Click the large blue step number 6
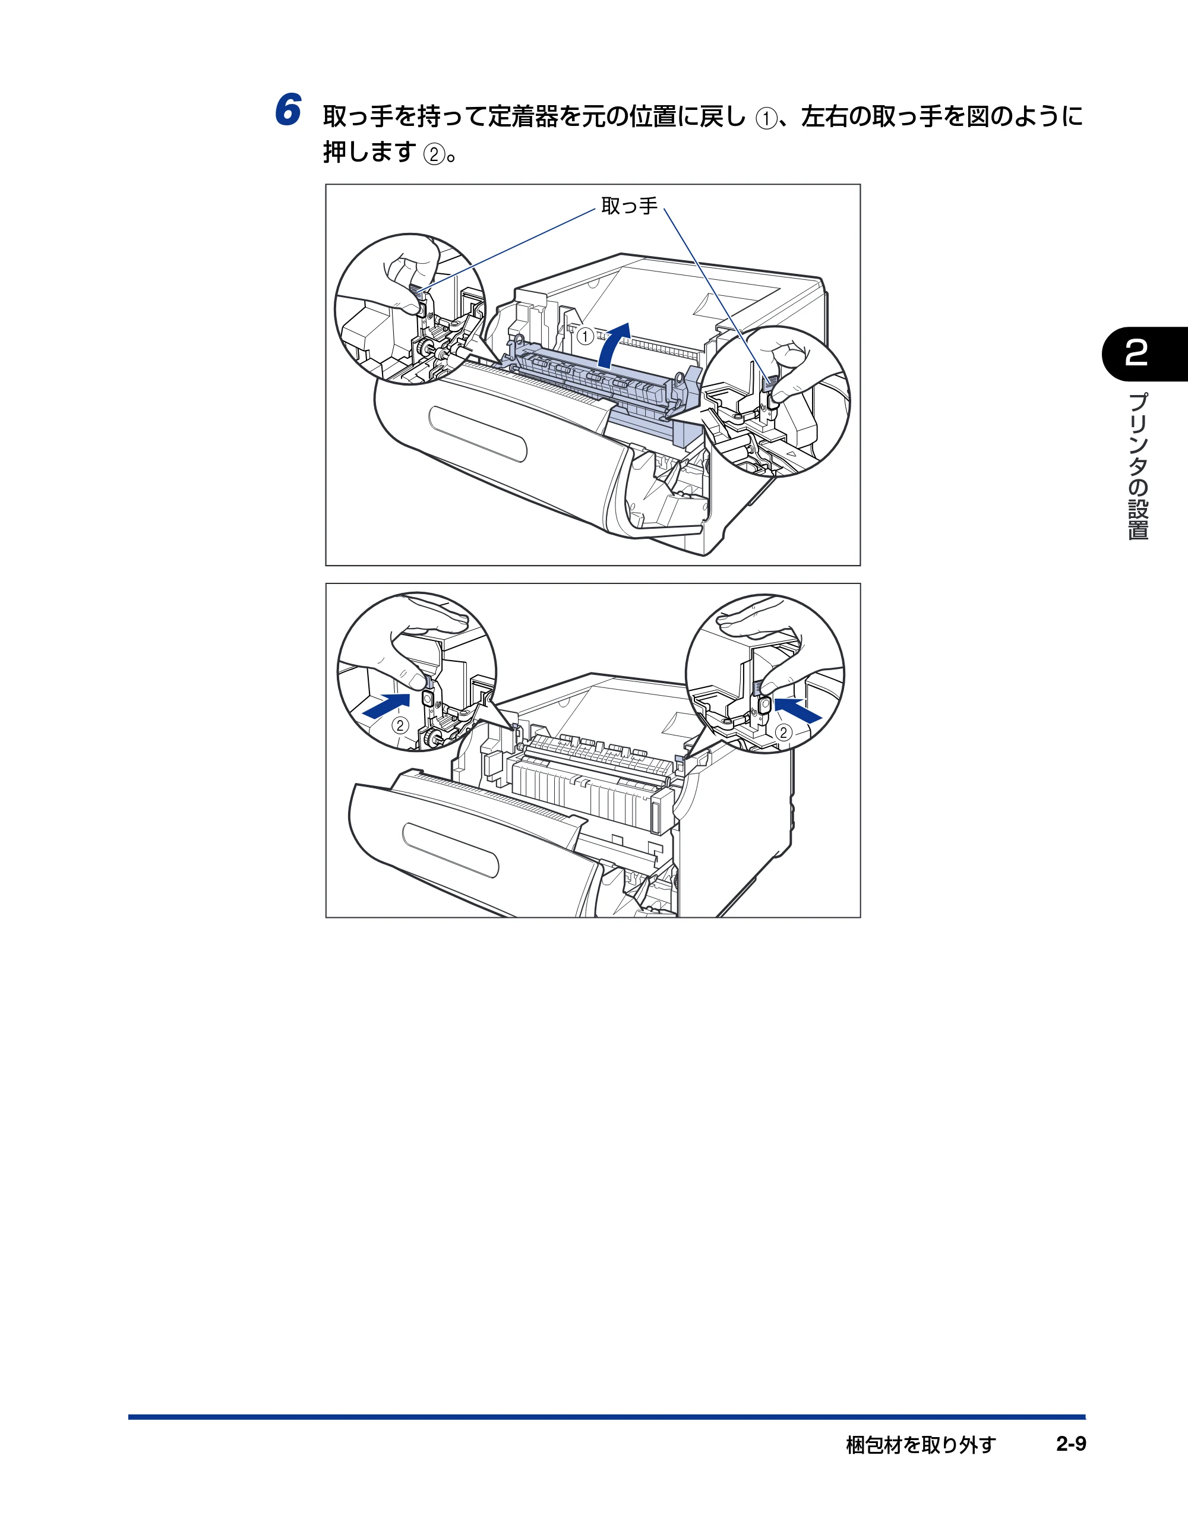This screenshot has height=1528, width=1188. [287, 111]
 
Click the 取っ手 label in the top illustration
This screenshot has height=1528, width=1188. [630, 206]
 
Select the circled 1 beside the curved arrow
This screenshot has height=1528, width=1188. [585, 336]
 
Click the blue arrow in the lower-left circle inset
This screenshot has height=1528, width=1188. [386, 705]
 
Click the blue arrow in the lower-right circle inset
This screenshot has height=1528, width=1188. [798, 710]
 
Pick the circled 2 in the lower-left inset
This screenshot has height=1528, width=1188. [400, 725]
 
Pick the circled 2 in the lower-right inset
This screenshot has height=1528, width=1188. [783, 733]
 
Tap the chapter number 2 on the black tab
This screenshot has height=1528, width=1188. [1136, 353]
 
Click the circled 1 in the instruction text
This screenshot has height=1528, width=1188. [766, 119]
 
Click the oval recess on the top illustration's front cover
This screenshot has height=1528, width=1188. [478, 434]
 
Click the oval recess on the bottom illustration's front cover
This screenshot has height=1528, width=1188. [451, 850]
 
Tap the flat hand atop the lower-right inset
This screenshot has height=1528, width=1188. [760, 615]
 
